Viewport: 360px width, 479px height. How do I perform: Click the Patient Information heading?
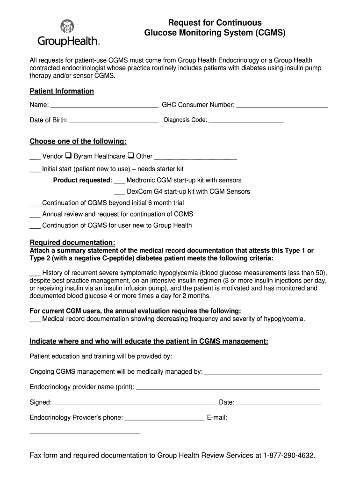(x=62, y=91)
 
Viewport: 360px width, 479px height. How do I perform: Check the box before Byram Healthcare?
(x=68, y=156)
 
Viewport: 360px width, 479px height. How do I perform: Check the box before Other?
(x=131, y=156)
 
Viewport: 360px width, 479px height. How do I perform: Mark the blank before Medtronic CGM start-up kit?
(x=119, y=181)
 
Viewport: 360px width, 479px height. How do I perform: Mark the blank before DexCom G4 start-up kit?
(x=119, y=193)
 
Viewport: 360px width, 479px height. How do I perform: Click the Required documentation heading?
(x=72, y=242)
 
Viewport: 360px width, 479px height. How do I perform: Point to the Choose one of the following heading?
(x=78, y=141)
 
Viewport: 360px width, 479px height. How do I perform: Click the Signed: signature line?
(x=135, y=403)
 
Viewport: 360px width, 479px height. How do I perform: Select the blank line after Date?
(x=279, y=403)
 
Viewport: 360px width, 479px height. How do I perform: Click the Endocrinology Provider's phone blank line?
(x=165, y=419)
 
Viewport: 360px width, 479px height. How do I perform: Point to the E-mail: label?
(x=217, y=418)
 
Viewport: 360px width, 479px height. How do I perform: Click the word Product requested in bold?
(x=82, y=180)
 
